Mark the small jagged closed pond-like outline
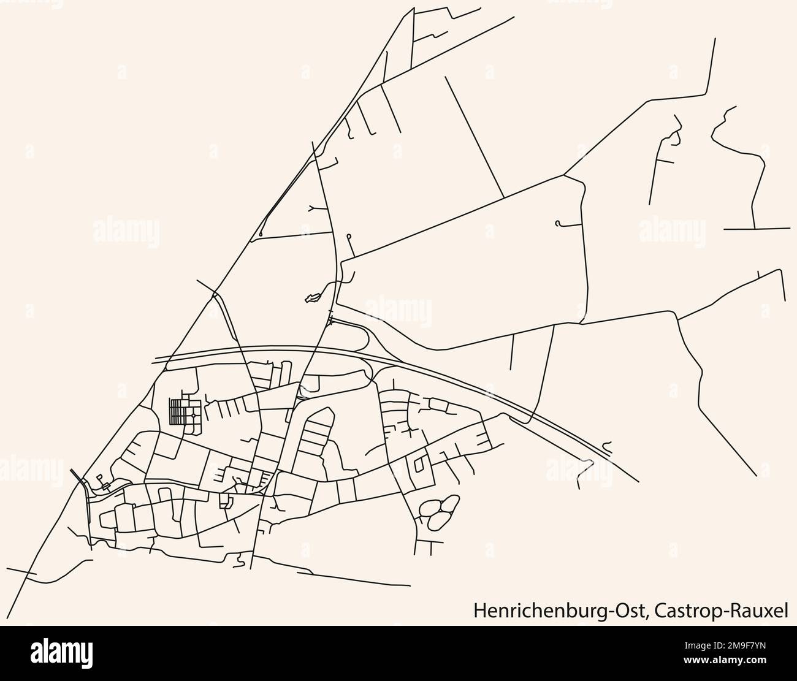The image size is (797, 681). (313, 298)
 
